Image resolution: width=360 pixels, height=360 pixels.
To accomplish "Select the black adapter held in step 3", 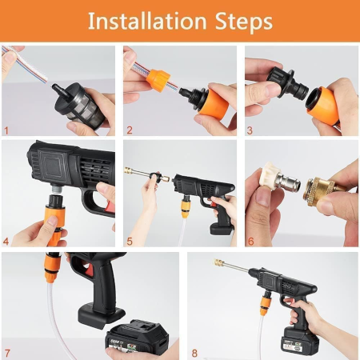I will point(276,82).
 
